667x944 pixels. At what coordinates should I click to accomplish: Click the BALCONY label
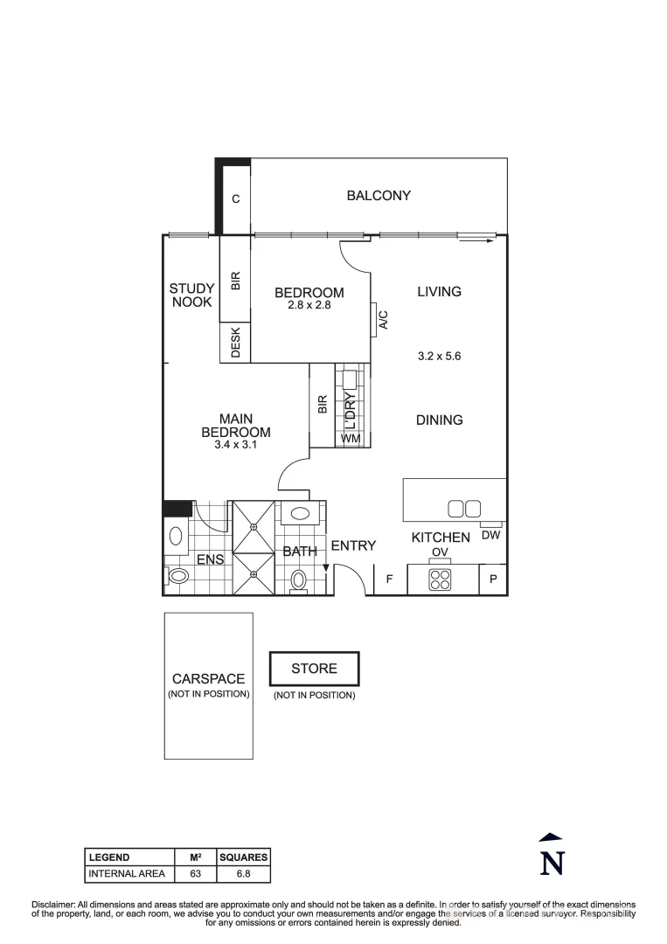[x=379, y=196]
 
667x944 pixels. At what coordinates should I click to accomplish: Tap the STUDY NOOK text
[x=191, y=295]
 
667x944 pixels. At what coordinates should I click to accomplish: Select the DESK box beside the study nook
[x=235, y=343]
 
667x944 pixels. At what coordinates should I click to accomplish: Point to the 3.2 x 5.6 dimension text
[x=439, y=356]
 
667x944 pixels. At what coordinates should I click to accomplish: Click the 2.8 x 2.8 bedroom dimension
[x=309, y=306]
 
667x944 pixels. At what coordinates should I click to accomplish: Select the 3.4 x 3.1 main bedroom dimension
[x=235, y=445]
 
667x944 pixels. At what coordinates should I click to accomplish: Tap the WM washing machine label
[x=351, y=437]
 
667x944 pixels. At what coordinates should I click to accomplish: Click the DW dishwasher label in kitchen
[x=491, y=535]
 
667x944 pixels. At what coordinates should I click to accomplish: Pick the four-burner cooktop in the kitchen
[x=440, y=580]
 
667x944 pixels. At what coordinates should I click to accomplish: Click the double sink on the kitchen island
[x=464, y=508]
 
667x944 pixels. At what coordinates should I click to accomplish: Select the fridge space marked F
[x=389, y=580]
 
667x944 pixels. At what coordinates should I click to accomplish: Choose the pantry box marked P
[x=493, y=580]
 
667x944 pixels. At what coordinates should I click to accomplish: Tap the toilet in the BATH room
[x=299, y=580]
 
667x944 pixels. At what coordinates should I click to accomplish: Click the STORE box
[x=314, y=669]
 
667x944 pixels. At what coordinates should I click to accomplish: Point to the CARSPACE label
[x=208, y=679]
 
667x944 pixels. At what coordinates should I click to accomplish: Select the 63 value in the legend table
[x=195, y=873]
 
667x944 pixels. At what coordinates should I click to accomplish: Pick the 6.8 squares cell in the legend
[x=244, y=873]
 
